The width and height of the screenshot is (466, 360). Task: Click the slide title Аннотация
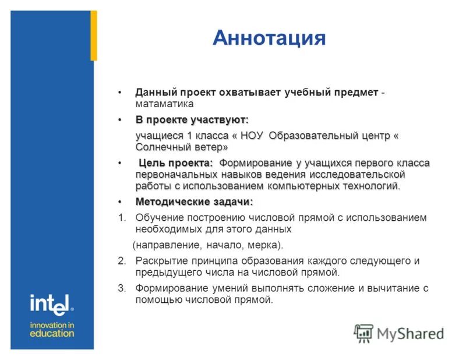tap(269, 38)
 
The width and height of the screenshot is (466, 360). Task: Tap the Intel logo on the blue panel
tap(52, 303)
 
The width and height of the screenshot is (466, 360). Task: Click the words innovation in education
tap(52, 329)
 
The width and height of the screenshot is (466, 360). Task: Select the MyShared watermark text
tap(410, 334)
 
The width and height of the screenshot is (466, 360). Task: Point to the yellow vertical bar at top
tap(93, 35)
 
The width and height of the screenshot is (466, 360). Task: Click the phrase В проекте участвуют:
tap(192, 120)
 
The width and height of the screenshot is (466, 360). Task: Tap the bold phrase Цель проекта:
tap(175, 163)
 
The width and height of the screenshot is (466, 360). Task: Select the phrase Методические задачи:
tap(194, 202)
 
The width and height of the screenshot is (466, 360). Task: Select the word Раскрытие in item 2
tap(158, 260)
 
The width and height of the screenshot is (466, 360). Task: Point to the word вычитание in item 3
tap(396, 288)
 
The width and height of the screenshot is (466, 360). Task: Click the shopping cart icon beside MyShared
tap(363, 333)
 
